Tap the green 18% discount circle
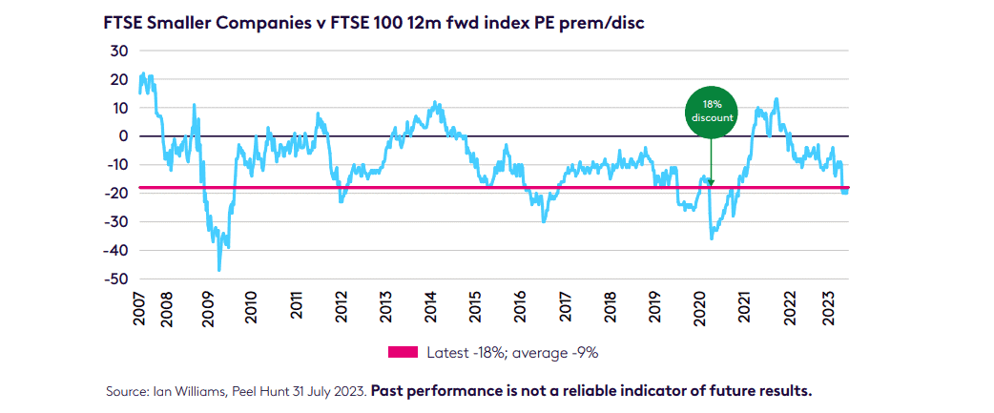[x=711, y=111]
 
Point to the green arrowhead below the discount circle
[x=711, y=181]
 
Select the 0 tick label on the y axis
[x=124, y=135]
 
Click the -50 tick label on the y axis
[x=117, y=279]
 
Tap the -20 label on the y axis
[x=117, y=193]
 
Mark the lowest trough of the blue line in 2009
[x=219, y=271]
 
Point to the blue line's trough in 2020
[x=712, y=237]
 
